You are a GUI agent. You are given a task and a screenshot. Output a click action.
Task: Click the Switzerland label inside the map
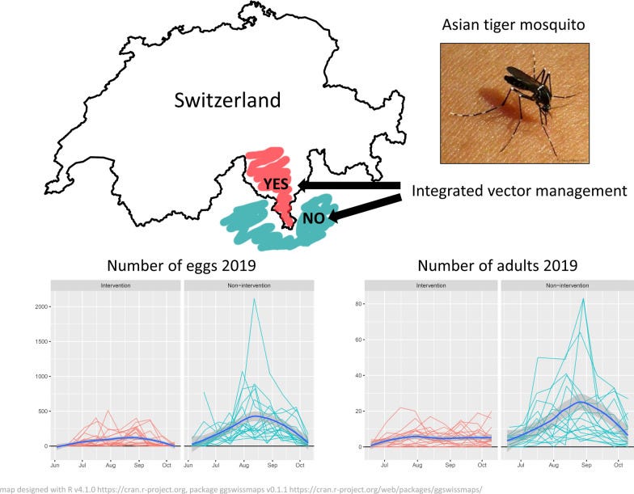pos(227,101)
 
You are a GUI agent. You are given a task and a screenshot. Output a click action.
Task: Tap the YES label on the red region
pos(275,184)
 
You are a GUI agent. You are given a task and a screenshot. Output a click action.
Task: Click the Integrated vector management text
pos(519,191)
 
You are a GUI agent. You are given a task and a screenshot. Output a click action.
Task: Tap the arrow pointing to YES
pos(348,187)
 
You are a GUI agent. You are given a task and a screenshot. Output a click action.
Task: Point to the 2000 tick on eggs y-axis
pos(36,306)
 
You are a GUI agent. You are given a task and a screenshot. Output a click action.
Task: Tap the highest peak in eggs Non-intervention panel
pos(254,300)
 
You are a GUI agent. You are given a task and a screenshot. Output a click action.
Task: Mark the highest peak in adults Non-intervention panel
pos(583,299)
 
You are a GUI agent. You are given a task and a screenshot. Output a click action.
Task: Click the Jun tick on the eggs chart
pos(53,467)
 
